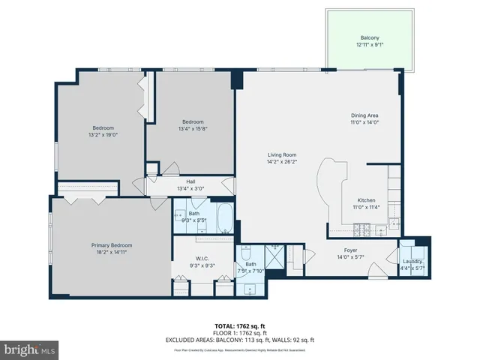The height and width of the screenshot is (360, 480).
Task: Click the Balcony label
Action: pos(369,37)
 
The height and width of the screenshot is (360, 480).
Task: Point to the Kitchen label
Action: pos(366,200)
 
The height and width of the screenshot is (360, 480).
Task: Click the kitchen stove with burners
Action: pos(364,227)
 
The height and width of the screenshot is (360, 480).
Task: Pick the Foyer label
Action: pos(350,250)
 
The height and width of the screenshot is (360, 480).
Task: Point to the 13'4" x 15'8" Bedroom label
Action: pos(193,121)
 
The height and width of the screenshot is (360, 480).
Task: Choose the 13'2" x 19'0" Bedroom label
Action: pos(103,127)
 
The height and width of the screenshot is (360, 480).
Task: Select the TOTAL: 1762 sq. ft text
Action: pos(239,326)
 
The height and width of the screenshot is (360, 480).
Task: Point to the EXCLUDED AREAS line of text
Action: pos(239,340)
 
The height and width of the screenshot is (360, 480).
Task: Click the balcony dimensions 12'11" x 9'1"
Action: pos(369,44)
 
